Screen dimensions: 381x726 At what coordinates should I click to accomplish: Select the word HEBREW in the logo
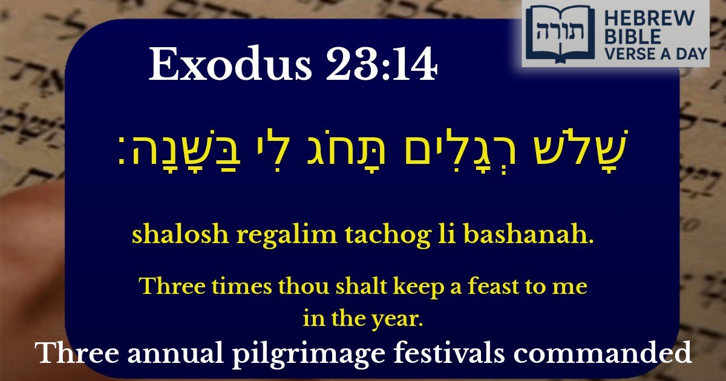click(x=650, y=19)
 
